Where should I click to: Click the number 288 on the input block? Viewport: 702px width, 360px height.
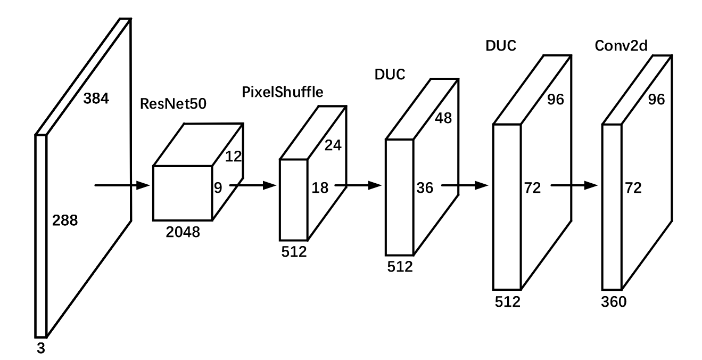click(65, 219)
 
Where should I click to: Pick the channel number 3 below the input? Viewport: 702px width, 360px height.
click(40, 349)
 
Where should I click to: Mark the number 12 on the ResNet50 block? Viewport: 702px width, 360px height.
click(233, 157)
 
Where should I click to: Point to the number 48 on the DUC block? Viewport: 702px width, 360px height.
click(443, 118)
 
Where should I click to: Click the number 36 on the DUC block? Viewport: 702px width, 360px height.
click(425, 187)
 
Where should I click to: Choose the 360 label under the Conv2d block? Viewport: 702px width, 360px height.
click(614, 302)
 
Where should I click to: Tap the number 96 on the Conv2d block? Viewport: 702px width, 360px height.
click(656, 100)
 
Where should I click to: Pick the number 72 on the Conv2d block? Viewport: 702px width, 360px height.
click(632, 187)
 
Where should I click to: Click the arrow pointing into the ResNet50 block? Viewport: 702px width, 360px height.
click(121, 185)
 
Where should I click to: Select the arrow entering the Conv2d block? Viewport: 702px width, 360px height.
click(574, 185)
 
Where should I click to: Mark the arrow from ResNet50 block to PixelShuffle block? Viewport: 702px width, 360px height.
click(253, 185)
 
